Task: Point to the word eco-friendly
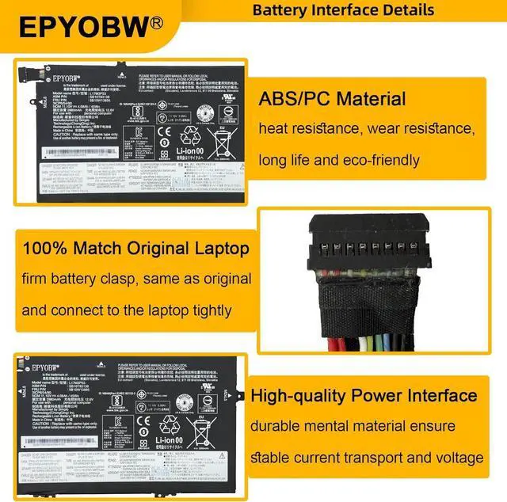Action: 375,161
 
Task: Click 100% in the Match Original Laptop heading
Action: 45,249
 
